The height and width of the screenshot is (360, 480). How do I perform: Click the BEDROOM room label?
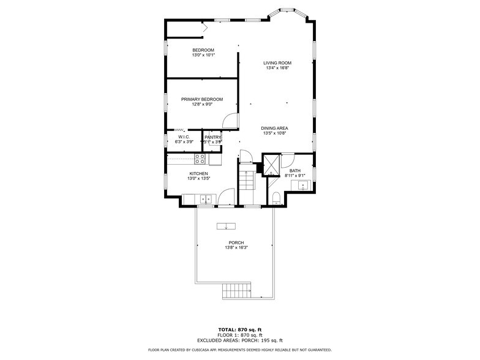203,50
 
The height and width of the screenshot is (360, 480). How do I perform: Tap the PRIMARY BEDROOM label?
201,99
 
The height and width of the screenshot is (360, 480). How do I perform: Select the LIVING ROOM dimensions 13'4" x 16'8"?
277,68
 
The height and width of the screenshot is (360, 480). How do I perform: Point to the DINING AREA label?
274,128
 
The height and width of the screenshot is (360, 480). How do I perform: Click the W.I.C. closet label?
184,137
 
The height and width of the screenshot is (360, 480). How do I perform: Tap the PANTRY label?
213,137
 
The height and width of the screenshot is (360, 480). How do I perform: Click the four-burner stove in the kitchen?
200,159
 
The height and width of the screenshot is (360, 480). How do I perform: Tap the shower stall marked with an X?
271,164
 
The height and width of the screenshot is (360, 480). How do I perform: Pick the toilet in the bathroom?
276,197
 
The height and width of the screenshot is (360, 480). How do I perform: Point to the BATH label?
295,171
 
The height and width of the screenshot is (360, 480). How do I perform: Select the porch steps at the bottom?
236,290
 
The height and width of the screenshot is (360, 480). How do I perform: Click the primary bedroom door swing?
229,121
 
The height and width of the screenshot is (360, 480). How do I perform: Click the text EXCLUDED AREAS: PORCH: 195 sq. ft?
239,340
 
